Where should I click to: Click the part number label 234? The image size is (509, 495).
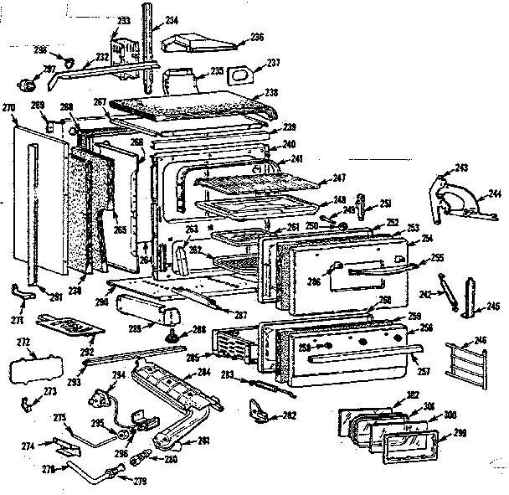[x=171, y=18]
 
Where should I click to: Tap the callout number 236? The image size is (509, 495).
[x=256, y=37]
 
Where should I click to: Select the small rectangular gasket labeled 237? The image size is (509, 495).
[x=239, y=73]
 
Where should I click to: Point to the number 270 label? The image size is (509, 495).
[x=9, y=107]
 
